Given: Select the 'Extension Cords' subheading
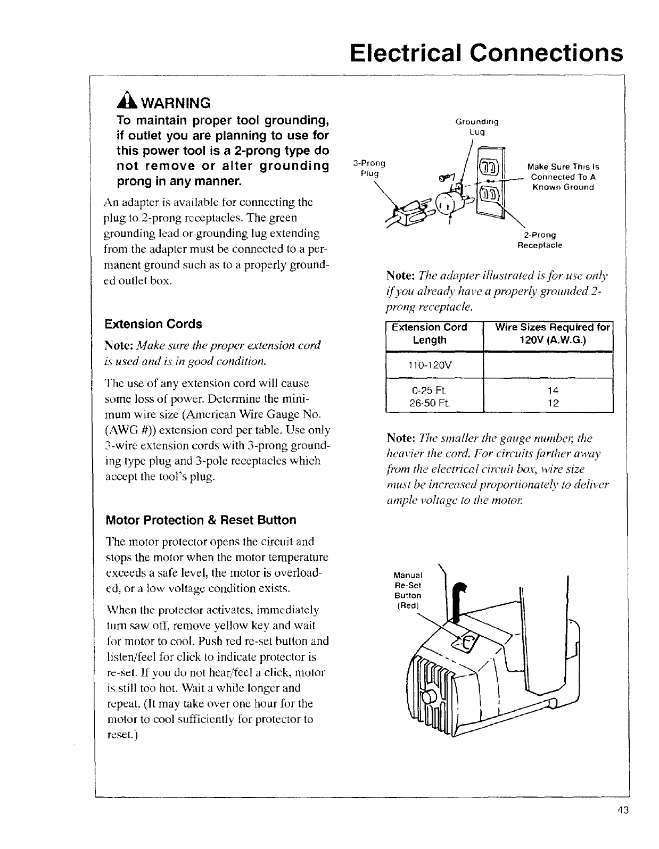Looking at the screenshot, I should (153, 324).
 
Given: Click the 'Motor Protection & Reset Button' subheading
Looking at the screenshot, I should (201, 520).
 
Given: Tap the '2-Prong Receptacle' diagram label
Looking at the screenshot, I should (540, 240).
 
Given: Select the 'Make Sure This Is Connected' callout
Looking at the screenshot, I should (563, 177).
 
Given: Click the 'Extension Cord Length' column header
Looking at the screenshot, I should (429, 334).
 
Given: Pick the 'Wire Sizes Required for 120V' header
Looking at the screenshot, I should (551, 334).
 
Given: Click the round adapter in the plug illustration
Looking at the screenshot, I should (447, 204).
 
